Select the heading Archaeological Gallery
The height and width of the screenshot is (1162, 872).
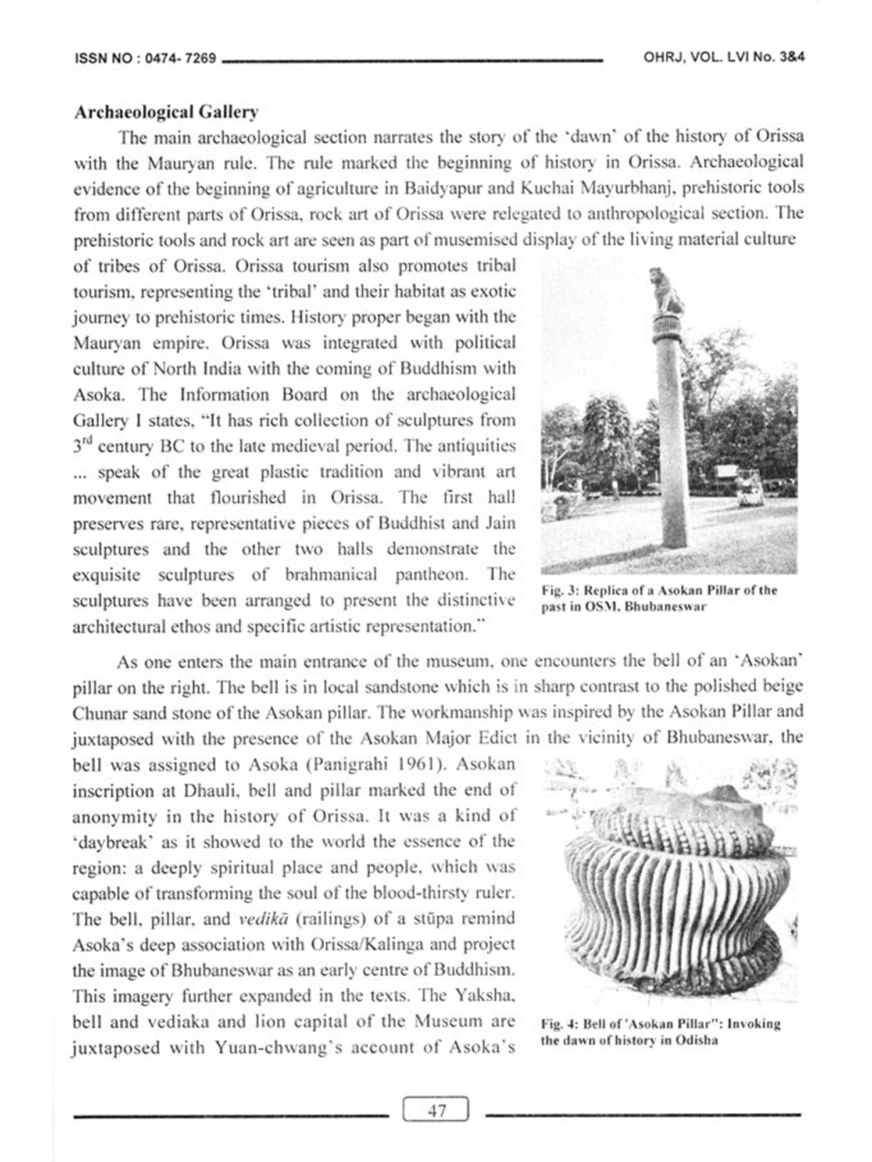click(166, 112)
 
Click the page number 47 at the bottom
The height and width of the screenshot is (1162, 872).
click(436, 1111)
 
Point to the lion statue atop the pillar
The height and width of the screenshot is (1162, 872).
click(666, 292)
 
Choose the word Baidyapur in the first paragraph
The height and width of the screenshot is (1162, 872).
click(441, 189)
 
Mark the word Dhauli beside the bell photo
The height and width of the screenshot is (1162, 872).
click(211, 791)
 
